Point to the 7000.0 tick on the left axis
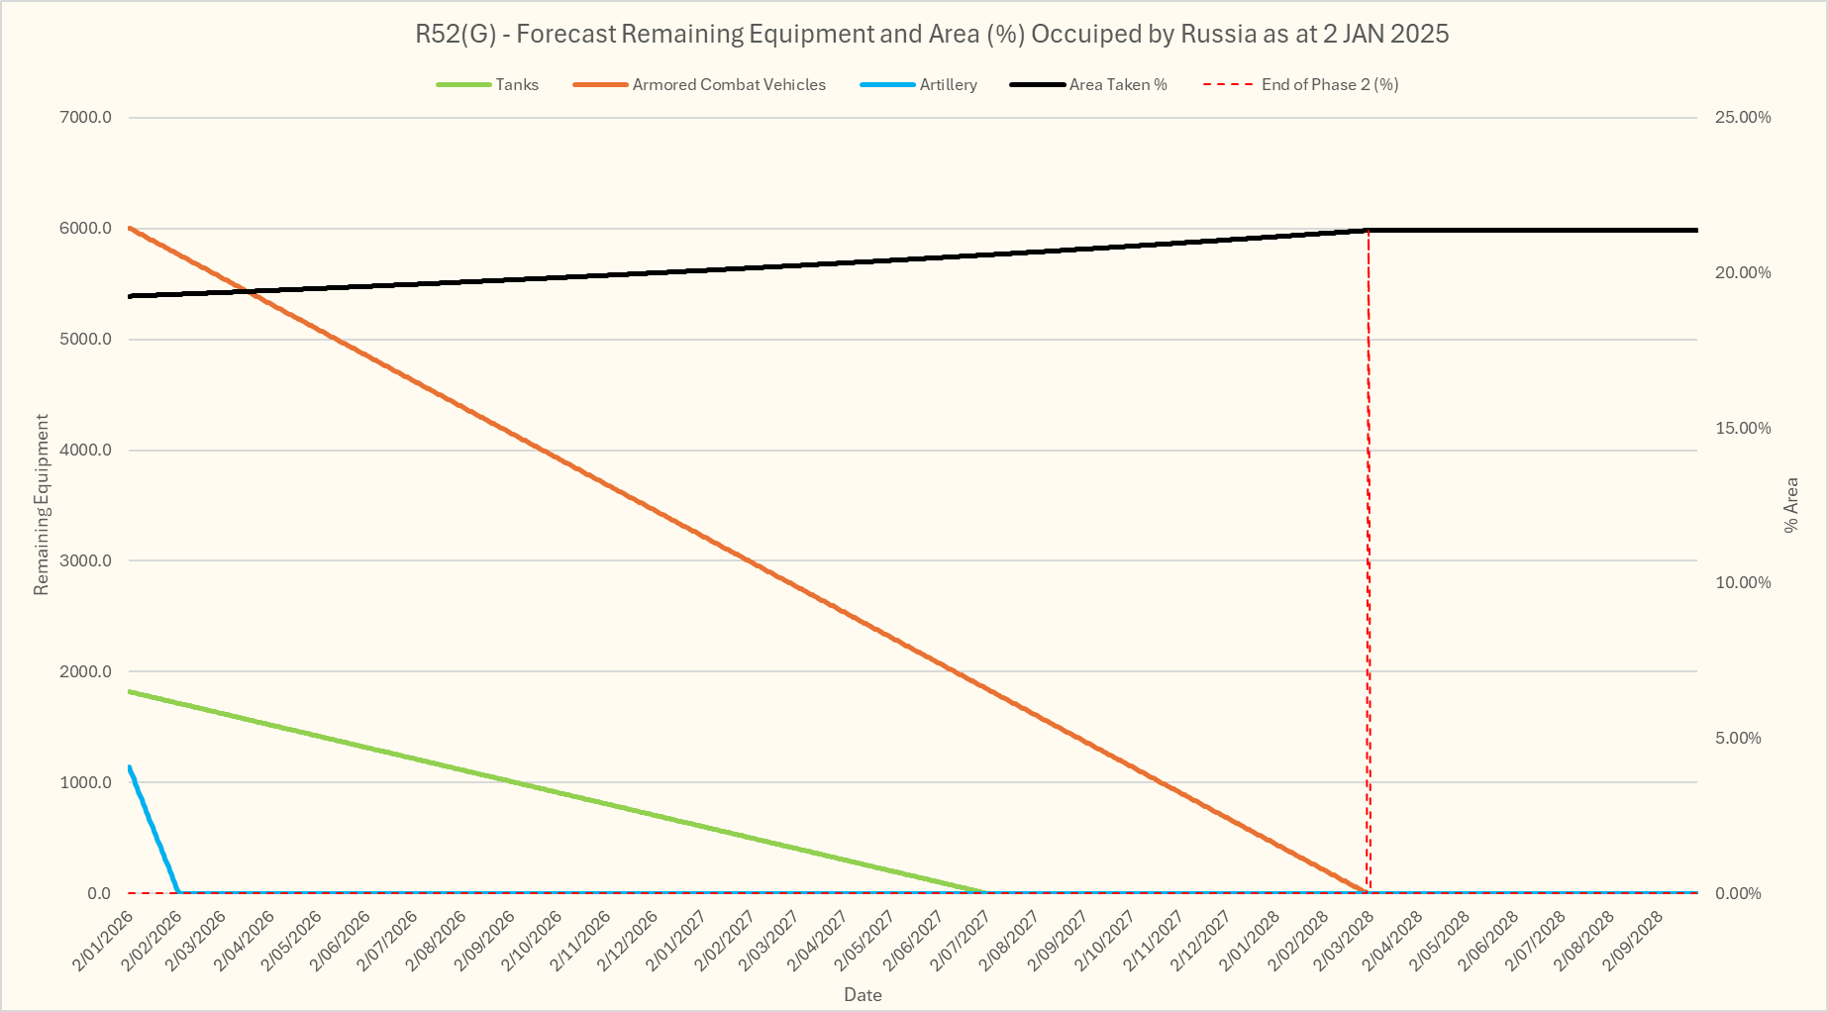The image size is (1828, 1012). click(x=86, y=118)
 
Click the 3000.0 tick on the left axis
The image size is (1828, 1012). click(x=86, y=561)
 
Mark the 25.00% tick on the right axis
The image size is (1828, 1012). click(x=1743, y=118)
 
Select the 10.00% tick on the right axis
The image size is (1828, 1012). click(x=1743, y=583)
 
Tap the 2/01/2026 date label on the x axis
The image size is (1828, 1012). click(x=103, y=941)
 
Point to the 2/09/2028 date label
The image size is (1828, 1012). click(x=1634, y=941)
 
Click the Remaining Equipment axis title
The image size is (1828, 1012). click(x=42, y=505)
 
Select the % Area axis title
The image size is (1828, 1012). click(x=1790, y=505)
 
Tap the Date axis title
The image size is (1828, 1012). click(x=863, y=995)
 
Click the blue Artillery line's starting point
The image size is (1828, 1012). click(x=130, y=766)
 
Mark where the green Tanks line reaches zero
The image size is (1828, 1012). click(x=985, y=892)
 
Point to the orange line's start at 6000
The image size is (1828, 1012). click(x=130, y=229)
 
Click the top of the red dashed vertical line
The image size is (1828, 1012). click(x=1369, y=231)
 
